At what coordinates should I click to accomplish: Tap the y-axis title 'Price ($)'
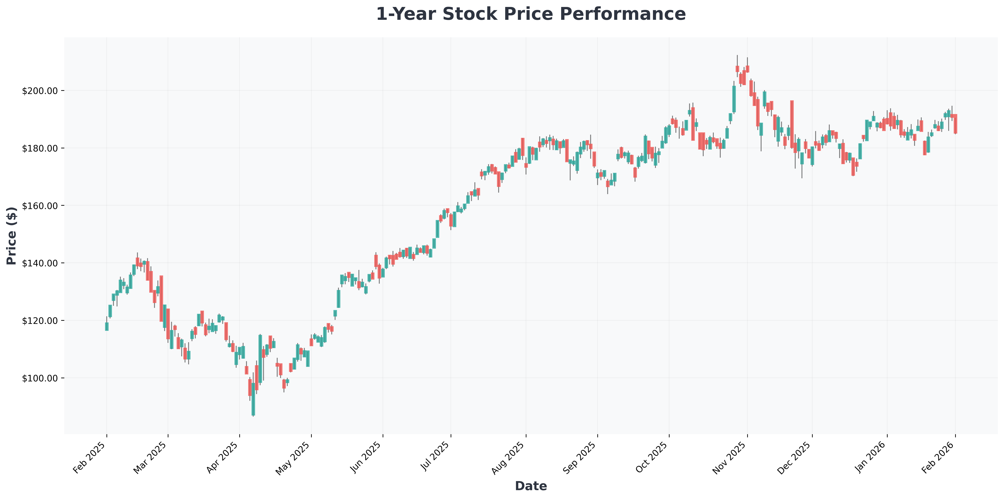point(12,236)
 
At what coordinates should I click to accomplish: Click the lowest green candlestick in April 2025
point(253,399)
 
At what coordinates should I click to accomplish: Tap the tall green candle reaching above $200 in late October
point(734,99)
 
